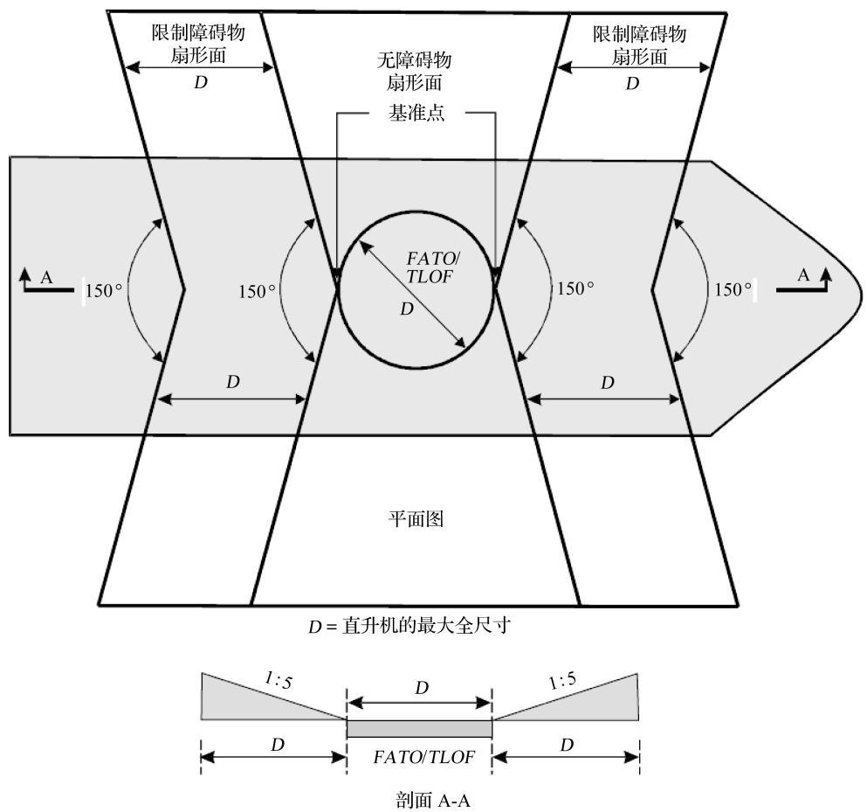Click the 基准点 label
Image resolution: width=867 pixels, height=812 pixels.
(x=416, y=113)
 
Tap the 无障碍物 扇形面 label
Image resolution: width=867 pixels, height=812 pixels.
(x=414, y=72)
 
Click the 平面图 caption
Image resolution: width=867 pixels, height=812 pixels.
(x=416, y=518)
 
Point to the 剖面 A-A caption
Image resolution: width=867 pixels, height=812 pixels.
(x=433, y=800)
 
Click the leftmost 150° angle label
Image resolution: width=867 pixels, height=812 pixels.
(x=104, y=290)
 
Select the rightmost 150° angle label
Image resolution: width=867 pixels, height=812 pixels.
(x=733, y=289)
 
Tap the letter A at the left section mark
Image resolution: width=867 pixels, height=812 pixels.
(x=46, y=277)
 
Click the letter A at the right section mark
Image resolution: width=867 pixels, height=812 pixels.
(x=803, y=274)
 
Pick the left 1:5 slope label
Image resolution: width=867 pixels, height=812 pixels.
(x=279, y=680)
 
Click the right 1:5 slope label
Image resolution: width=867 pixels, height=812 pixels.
(x=562, y=680)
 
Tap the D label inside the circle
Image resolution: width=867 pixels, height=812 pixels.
(x=407, y=309)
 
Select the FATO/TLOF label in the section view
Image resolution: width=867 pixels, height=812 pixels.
(x=424, y=757)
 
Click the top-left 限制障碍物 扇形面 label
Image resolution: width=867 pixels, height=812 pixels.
(x=198, y=44)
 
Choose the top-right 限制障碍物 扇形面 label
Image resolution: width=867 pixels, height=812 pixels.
(x=640, y=45)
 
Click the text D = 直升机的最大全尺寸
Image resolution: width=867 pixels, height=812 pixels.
(x=409, y=626)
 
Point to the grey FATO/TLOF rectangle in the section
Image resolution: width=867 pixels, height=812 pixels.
(x=420, y=728)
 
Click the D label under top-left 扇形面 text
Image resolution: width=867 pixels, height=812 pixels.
(x=201, y=82)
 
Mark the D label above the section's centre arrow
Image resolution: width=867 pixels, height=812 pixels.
(x=422, y=688)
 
